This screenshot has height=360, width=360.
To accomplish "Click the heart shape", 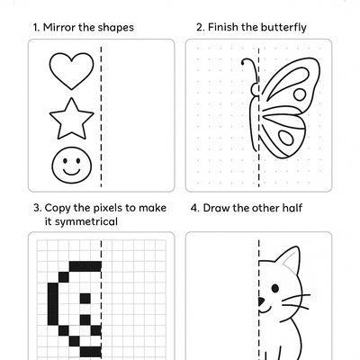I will [x=71, y=70].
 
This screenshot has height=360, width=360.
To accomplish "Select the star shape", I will [x=71, y=118].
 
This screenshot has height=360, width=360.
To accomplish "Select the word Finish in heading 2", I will [x=224, y=27].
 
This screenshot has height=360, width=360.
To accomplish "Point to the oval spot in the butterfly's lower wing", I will [x=287, y=138].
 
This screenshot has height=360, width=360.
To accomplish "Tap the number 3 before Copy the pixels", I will [x=35, y=208].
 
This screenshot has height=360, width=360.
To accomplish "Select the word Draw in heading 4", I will [x=217, y=208].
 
